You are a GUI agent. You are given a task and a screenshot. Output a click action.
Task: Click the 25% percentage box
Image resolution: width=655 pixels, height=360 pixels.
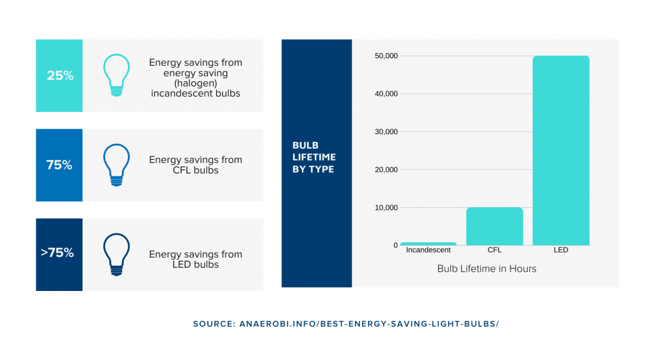59,75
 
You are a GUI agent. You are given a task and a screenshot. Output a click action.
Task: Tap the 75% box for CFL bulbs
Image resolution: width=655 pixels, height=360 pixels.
59,165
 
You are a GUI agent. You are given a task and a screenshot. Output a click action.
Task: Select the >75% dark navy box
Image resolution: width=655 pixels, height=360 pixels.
59,254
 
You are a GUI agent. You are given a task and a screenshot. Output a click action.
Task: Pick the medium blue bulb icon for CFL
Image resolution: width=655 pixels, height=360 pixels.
116,165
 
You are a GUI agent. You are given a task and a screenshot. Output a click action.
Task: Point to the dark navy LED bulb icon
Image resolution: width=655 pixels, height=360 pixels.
116,254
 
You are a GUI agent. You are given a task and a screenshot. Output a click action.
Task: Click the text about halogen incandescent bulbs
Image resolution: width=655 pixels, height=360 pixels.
195,78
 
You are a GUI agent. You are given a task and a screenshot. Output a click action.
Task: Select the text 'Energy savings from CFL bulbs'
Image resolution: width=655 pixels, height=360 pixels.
195,165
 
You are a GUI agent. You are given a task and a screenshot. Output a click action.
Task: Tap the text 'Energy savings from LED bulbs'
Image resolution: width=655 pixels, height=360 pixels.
195,259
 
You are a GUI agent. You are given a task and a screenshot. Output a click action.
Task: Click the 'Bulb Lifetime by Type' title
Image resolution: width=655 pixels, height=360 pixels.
314,157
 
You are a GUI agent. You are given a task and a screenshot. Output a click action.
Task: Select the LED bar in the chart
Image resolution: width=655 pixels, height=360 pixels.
560,150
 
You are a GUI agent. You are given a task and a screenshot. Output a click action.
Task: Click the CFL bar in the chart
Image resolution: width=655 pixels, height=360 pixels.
494,226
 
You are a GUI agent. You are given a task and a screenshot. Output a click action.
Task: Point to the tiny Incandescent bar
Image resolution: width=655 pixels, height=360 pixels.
429,244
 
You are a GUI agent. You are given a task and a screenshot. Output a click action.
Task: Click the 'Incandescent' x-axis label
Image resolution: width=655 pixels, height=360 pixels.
429,250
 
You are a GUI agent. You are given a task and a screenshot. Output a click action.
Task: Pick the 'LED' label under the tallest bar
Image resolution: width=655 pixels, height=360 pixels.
561,250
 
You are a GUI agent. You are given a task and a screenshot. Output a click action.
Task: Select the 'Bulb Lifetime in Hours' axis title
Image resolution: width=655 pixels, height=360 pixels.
486,269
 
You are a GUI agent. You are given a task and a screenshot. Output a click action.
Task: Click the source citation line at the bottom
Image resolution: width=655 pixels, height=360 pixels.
345,324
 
